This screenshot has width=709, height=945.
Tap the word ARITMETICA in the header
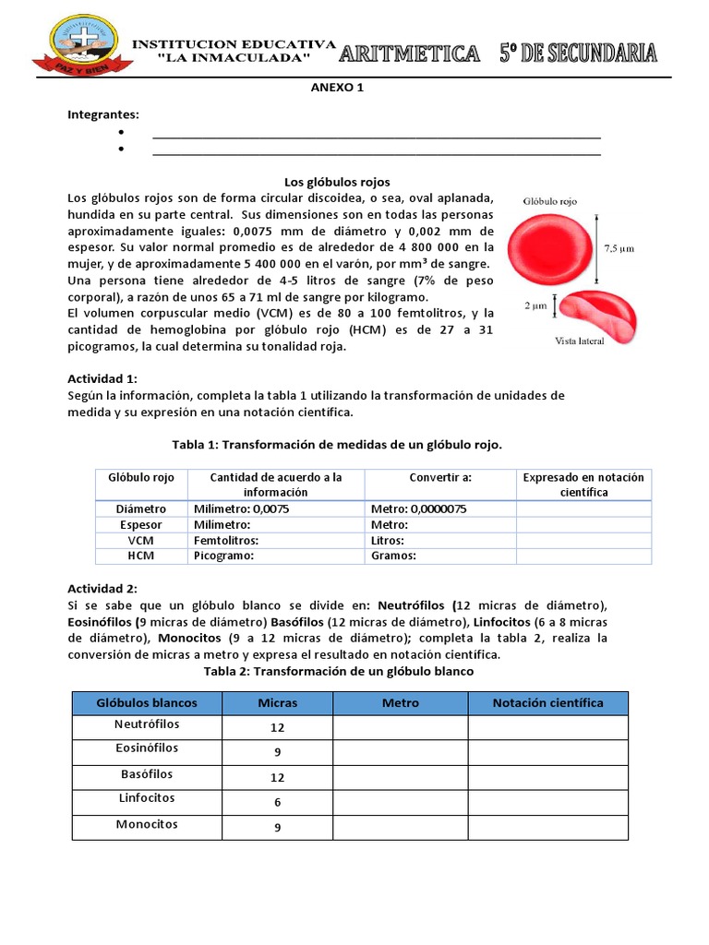409,54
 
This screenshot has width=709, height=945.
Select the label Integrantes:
103,114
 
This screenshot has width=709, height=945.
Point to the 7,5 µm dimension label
619,248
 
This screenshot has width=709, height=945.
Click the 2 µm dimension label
537,305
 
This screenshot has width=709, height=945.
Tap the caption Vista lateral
579,341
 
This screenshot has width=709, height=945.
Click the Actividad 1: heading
102,378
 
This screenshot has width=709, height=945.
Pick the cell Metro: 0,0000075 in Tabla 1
418,508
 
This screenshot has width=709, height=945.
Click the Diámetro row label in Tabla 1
141,508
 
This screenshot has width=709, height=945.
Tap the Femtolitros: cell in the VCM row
226,540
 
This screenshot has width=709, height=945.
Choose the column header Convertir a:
440,477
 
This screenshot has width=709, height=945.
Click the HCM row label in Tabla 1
141,556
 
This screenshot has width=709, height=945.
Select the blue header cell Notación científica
547,703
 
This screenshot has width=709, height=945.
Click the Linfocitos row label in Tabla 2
145,797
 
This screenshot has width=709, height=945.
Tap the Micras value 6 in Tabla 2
277,803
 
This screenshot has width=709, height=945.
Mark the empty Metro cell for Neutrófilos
400,728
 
